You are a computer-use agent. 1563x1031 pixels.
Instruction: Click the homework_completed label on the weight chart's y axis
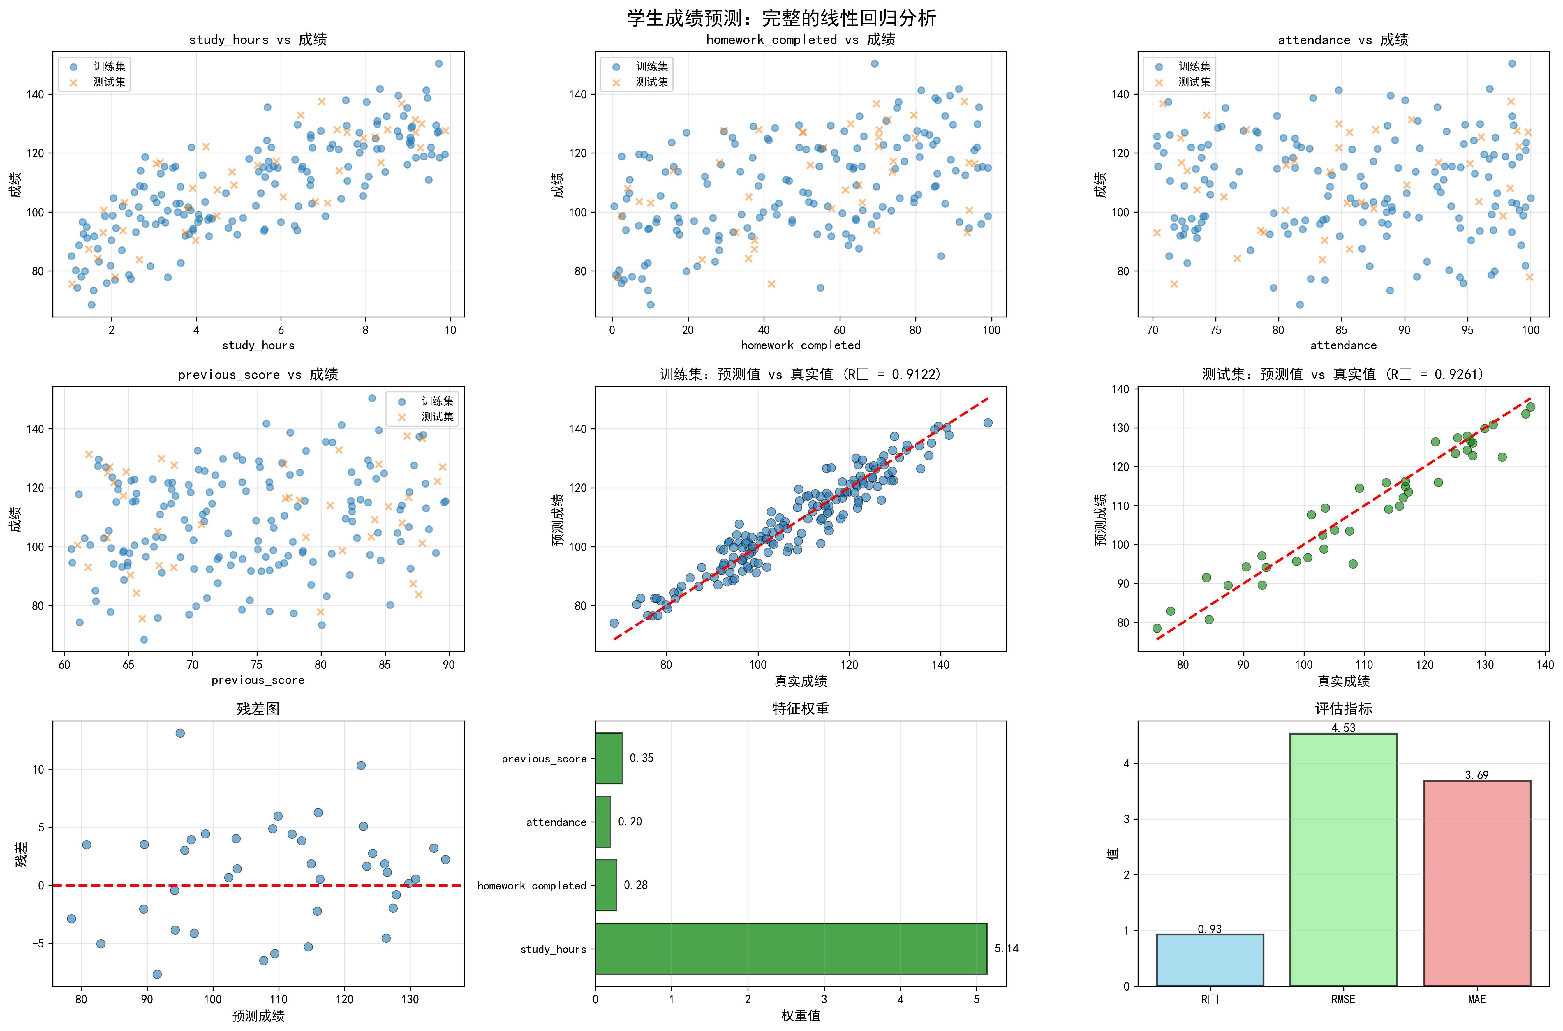[x=531, y=886]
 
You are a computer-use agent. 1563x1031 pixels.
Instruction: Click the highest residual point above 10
[x=179, y=733]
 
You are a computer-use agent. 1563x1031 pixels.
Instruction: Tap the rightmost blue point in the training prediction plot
[x=988, y=423]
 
